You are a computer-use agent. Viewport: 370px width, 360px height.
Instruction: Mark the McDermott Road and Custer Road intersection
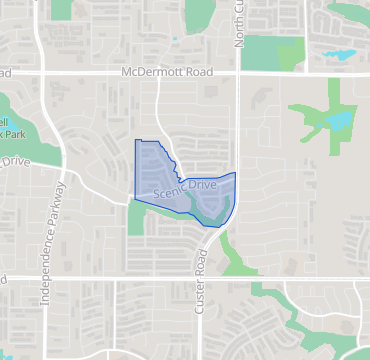[238, 73]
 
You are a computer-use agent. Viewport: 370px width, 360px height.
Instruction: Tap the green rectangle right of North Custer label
[273, 51]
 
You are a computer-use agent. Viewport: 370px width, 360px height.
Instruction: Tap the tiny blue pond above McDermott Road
[174, 41]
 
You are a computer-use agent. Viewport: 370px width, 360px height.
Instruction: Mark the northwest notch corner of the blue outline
[136, 140]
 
